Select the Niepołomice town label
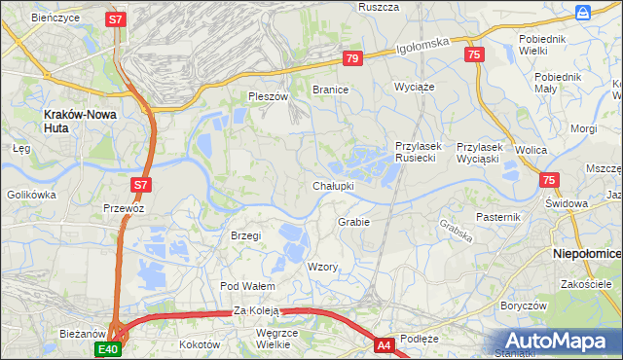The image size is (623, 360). pyautogui.click(x=587, y=253)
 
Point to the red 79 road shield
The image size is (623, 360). pyautogui.click(x=352, y=59)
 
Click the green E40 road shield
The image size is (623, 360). pyautogui.click(x=108, y=349)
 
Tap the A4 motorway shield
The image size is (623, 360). pyautogui.click(x=385, y=344)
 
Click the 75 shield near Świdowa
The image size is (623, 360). pyautogui.click(x=550, y=180)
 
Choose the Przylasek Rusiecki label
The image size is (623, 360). pyautogui.click(x=419, y=152)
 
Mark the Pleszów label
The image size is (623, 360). pyautogui.click(x=269, y=97)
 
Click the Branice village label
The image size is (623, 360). pyautogui.click(x=330, y=89)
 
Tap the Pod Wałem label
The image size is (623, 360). pyautogui.click(x=247, y=286)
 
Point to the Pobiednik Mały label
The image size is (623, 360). pyautogui.click(x=558, y=83)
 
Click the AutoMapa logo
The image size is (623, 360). pyautogui.click(x=558, y=341)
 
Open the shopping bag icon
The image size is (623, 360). pyautogui.click(x=582, y=12)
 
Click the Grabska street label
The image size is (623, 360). pyautogui.click(x=456, y=230)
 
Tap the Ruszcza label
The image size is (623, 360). pyautogui.click(x=380, y=7)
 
